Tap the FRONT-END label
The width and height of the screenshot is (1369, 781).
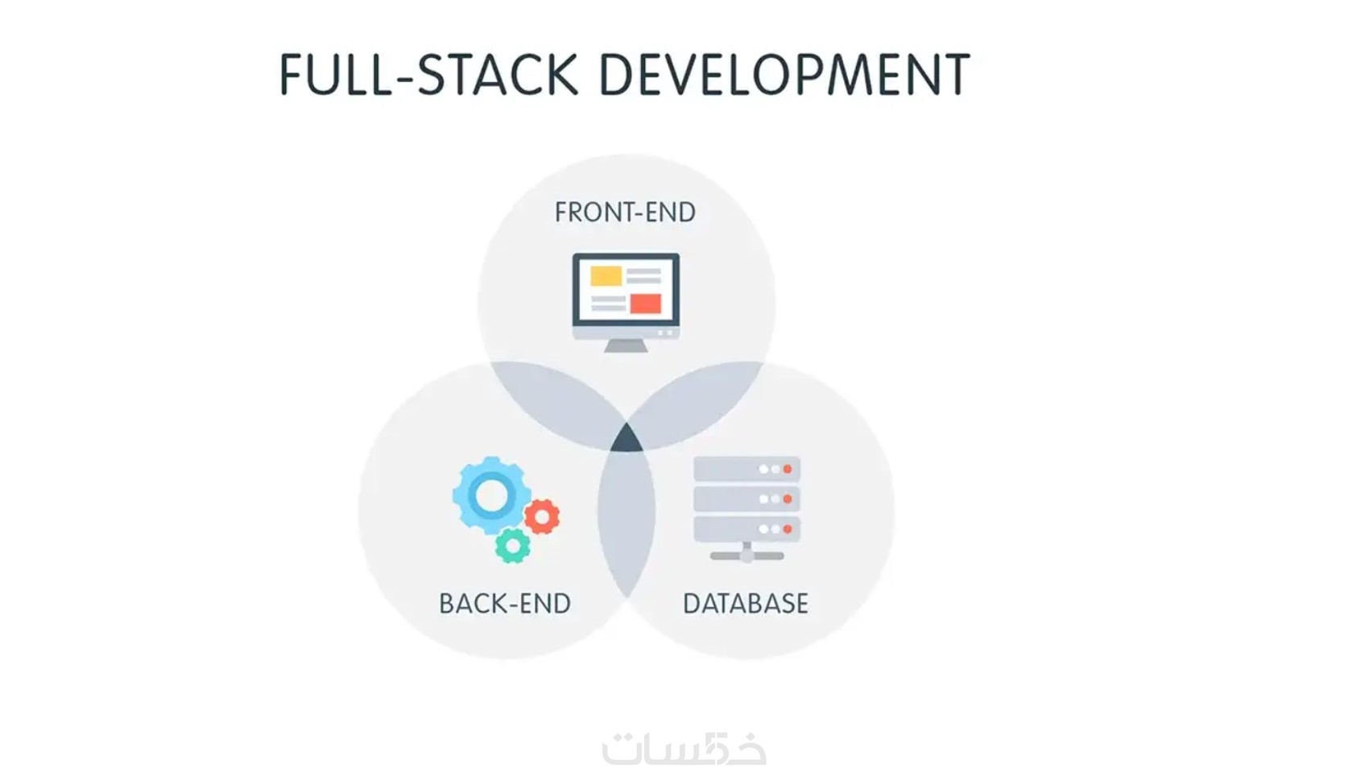[625, 212]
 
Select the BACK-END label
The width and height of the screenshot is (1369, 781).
[505, 603]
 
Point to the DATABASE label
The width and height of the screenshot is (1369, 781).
[746, 603]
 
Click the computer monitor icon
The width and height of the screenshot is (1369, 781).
[626, 302]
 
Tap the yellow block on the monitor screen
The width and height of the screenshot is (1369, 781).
[606, 275]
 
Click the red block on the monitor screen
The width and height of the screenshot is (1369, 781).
[646, 304]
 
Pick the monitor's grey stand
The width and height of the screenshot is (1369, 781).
[626, 346]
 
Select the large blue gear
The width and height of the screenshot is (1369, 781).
[492, 495]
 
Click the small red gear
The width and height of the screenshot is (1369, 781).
[542, 517]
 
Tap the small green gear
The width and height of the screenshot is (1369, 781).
[513, 546]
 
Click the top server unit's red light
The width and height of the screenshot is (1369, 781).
[788, 469]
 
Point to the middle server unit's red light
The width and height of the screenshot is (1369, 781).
[788, 499]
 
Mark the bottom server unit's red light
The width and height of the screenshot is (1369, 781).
[788, 529]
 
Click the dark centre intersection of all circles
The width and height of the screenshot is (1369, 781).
[627, 440]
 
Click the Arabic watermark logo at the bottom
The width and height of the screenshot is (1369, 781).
[684, 749]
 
